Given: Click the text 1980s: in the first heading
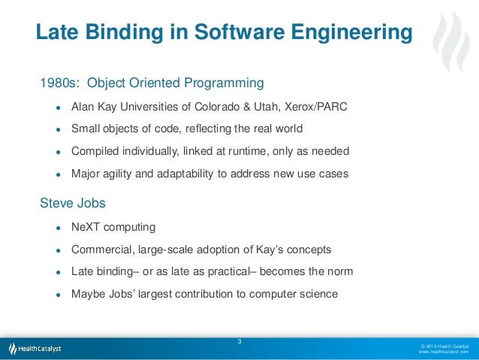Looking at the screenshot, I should pyautogui.click(x=59, y=81).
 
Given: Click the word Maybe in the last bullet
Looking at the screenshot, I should pyautogui.click(x=88, y=294).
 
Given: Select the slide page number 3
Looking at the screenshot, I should pyautogui.click(x=239, y=343).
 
